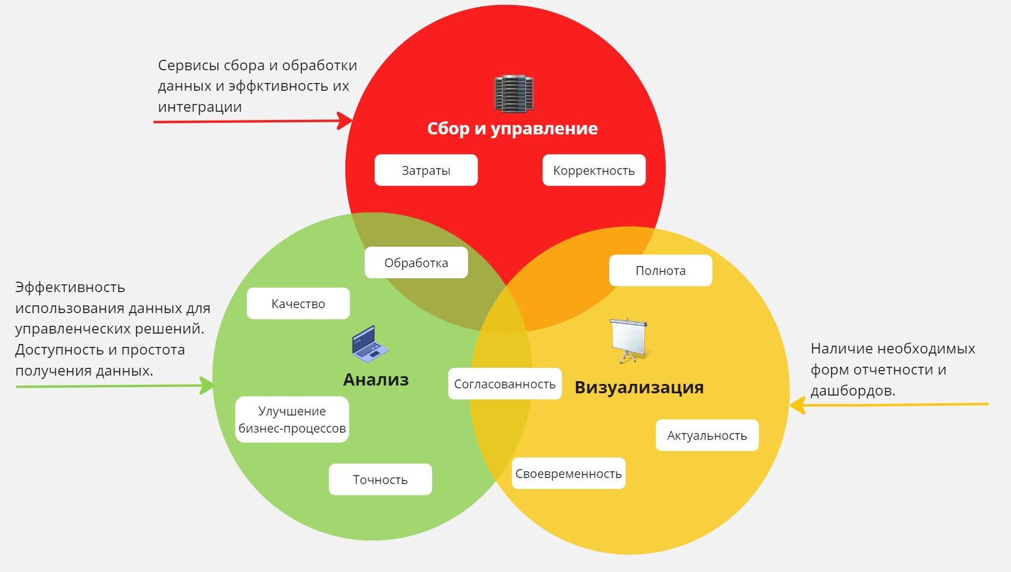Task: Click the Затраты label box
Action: (x=426, y=170)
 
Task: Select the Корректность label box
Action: (x=593, y=170)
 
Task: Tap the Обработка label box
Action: (x=416, y=263)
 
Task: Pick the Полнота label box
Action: (x=660, y=270)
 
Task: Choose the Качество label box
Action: (x=298, y=303)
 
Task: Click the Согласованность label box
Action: (x=504, y=384)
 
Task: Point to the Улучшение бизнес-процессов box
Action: (x=292, y=419)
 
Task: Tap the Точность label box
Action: (x=380, y=479)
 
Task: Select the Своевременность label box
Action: (x=568, y=473)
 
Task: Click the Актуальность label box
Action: (x=706, y=435)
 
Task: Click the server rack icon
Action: (x=513, y=94)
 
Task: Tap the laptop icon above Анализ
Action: (x=369, y=344)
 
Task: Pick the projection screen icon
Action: (x=629, y=340)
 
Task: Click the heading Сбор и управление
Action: (x=512, y=128)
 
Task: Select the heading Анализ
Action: (x=376, y=379)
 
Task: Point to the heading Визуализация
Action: (x=638, y=387)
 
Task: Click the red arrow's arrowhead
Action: (x=346, y=120)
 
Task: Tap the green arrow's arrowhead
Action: (x=207, y=385)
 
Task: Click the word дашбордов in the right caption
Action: (x=852, y=391)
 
